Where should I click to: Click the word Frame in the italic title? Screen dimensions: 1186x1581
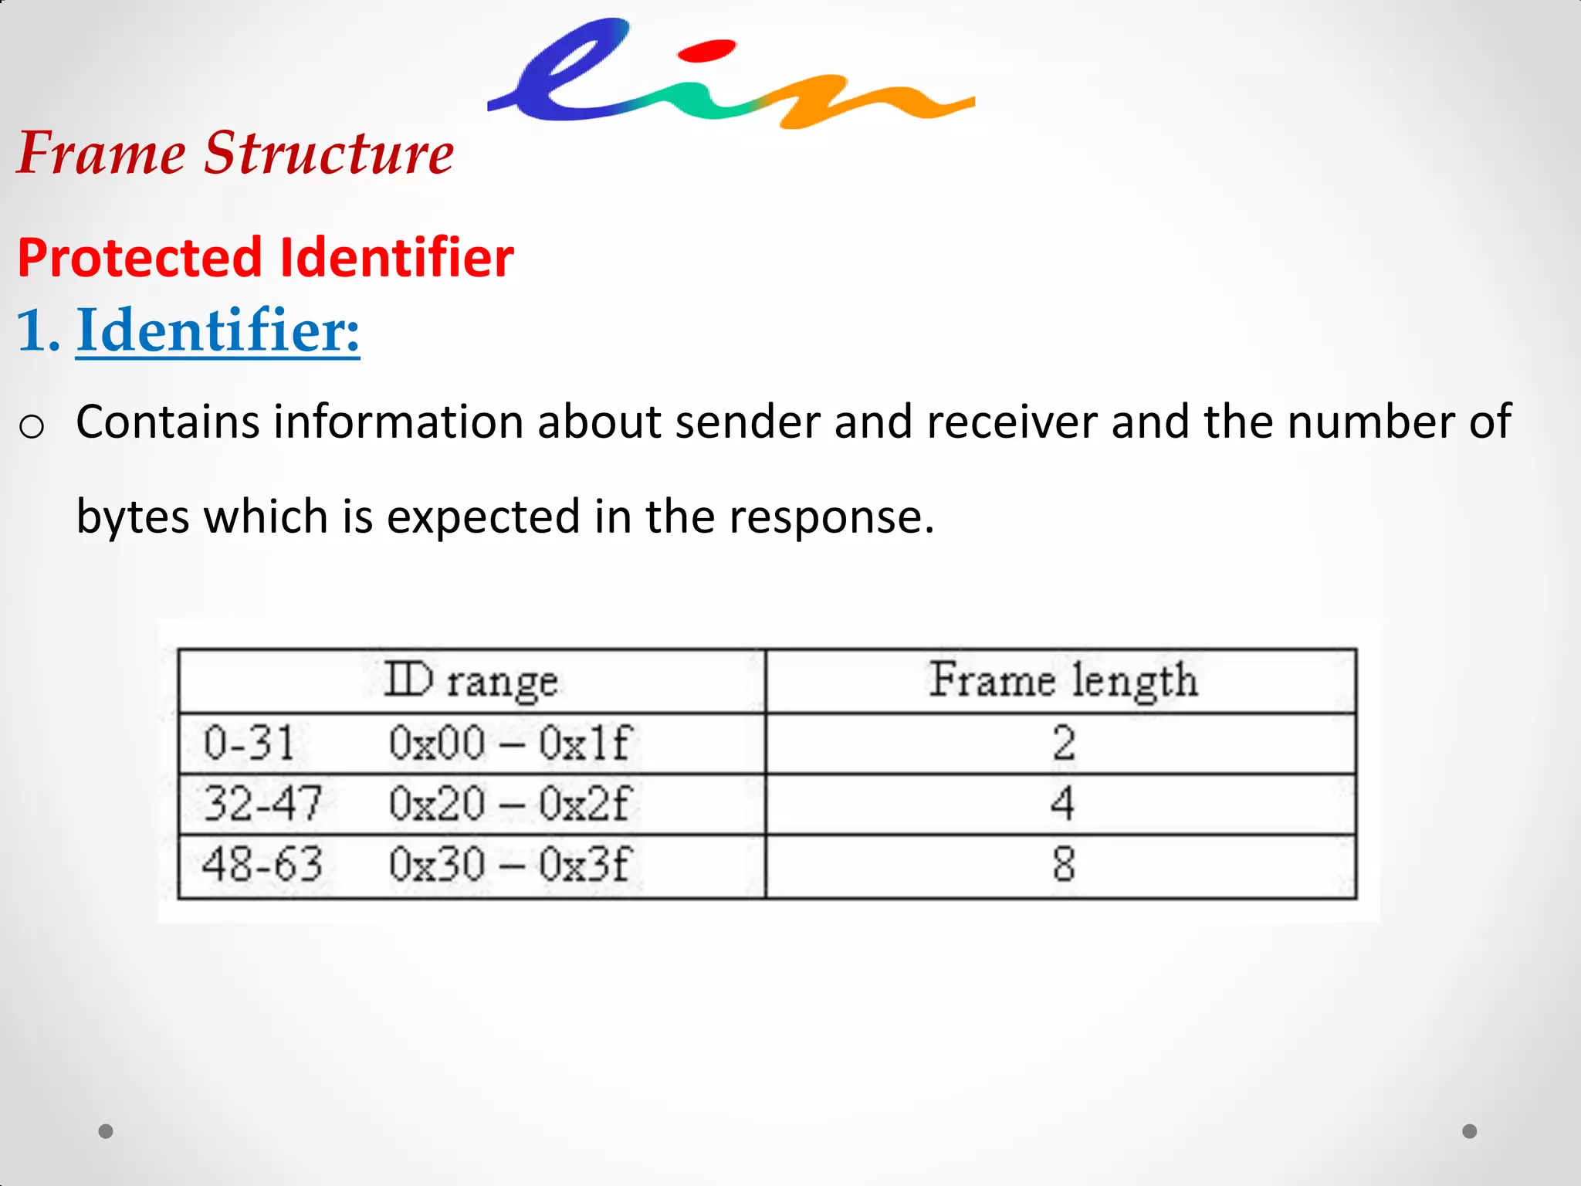point(101,153)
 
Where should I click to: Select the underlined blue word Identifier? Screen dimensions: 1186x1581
point(218,330)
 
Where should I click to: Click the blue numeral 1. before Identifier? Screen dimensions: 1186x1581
point(38,330)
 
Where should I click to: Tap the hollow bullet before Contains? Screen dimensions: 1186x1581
point(32,426)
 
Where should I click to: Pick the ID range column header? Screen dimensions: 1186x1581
point(471,680)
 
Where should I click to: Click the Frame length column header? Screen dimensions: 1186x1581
point(1062,680)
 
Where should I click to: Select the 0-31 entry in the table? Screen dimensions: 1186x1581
point(249,743)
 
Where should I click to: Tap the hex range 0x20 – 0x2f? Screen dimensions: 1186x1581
point(510,804)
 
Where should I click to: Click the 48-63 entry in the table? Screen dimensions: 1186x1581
point(262,864)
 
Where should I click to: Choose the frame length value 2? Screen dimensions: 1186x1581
point(1063,743)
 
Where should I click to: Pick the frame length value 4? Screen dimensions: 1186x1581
point(1062,804)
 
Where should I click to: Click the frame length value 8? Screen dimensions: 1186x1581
point(1063,864)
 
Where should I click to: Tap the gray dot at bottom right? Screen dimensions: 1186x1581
point(1469,1131)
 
